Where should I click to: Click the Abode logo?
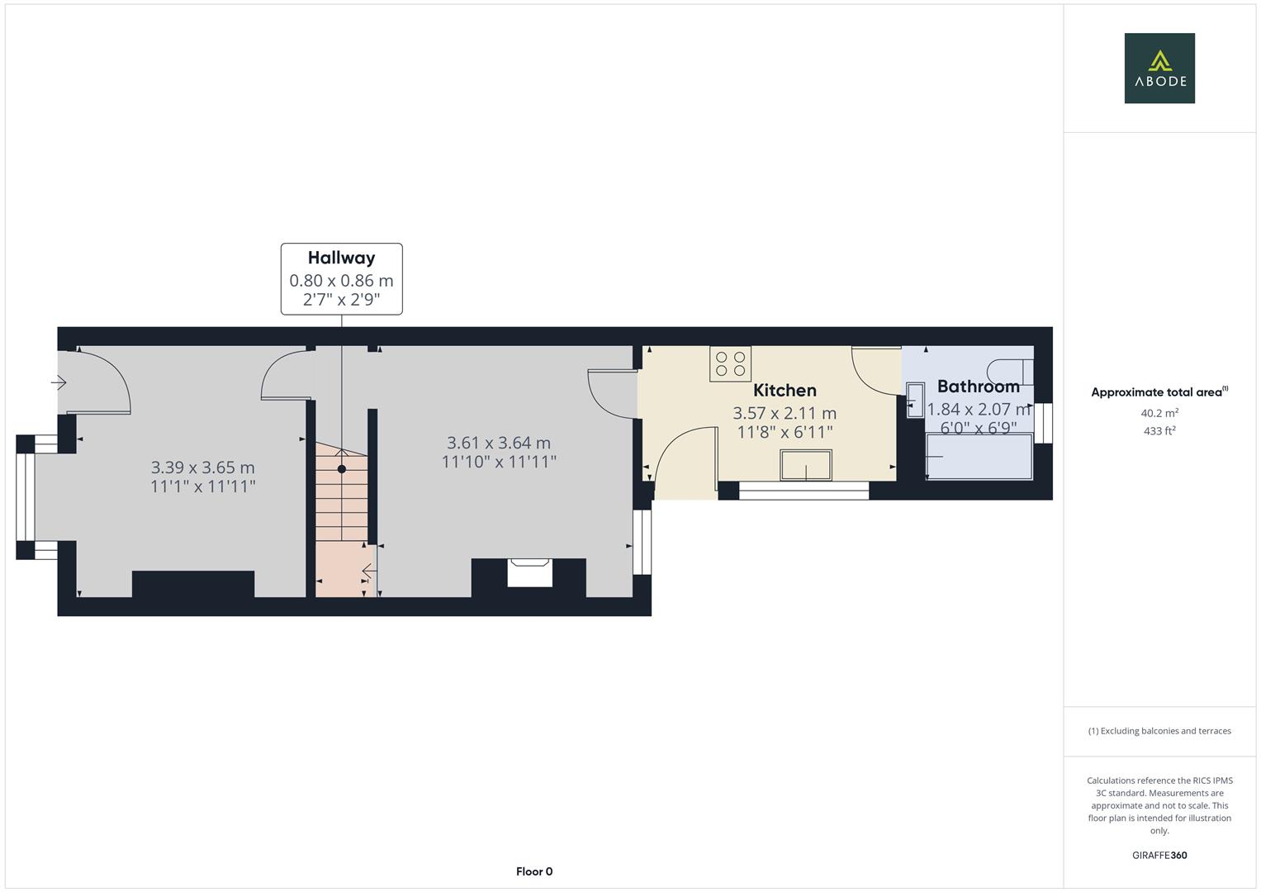[1159, 68]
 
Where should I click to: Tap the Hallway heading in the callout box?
[341, 258]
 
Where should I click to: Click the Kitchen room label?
[785, 390]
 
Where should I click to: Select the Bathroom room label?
[978, 387]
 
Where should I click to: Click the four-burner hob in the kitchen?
[730, 363]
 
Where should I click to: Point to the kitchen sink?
[806, 465]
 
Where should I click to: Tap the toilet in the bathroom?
[1010, 372]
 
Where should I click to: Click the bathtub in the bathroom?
[979, 456]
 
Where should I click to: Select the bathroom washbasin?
[915, 400]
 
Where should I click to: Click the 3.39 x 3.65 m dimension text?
[202, 467]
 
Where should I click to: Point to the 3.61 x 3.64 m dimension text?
[499, 443]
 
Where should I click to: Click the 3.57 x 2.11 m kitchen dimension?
[785, 413]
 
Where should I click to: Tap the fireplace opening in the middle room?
[529, 572]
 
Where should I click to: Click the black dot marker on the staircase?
[342, 469]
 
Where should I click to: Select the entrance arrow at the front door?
[59, 383]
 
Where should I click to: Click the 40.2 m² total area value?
[1159, 413]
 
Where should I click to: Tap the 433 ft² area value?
[1159, 431]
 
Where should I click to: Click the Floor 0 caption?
[534, 871]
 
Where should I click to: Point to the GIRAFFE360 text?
[1159, 856]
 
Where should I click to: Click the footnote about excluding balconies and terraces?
[1159, 731]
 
